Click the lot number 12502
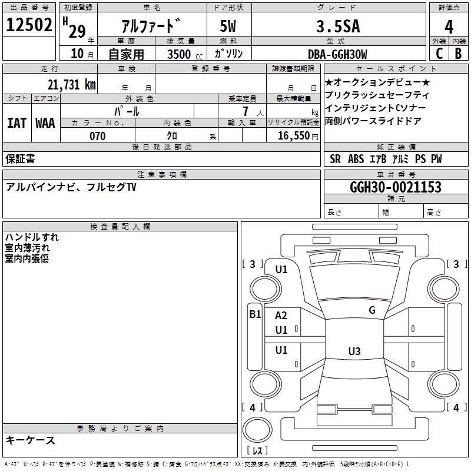[29, 25]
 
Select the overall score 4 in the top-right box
[449, 26]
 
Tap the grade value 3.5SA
[338, 26]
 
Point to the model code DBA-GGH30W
[337, 54]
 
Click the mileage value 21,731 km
[72, 84]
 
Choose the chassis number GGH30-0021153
[396, 187]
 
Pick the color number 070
[98, 136]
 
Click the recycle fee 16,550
[294, 136]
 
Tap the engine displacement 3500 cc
[185, 54]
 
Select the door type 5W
[228, 26]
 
